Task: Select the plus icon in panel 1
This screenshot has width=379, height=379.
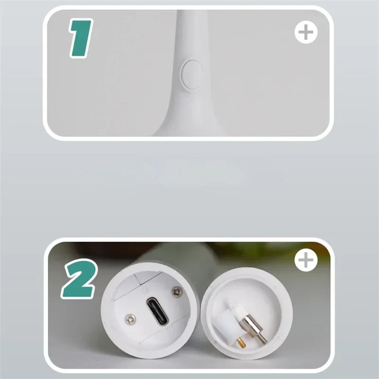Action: (306, 33)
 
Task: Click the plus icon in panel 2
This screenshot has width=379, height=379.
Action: (306, 261)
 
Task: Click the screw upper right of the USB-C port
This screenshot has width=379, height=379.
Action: (177, 292)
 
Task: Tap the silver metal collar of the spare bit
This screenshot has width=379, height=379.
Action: (250, 326)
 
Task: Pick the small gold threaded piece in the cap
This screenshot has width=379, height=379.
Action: (241, 342)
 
